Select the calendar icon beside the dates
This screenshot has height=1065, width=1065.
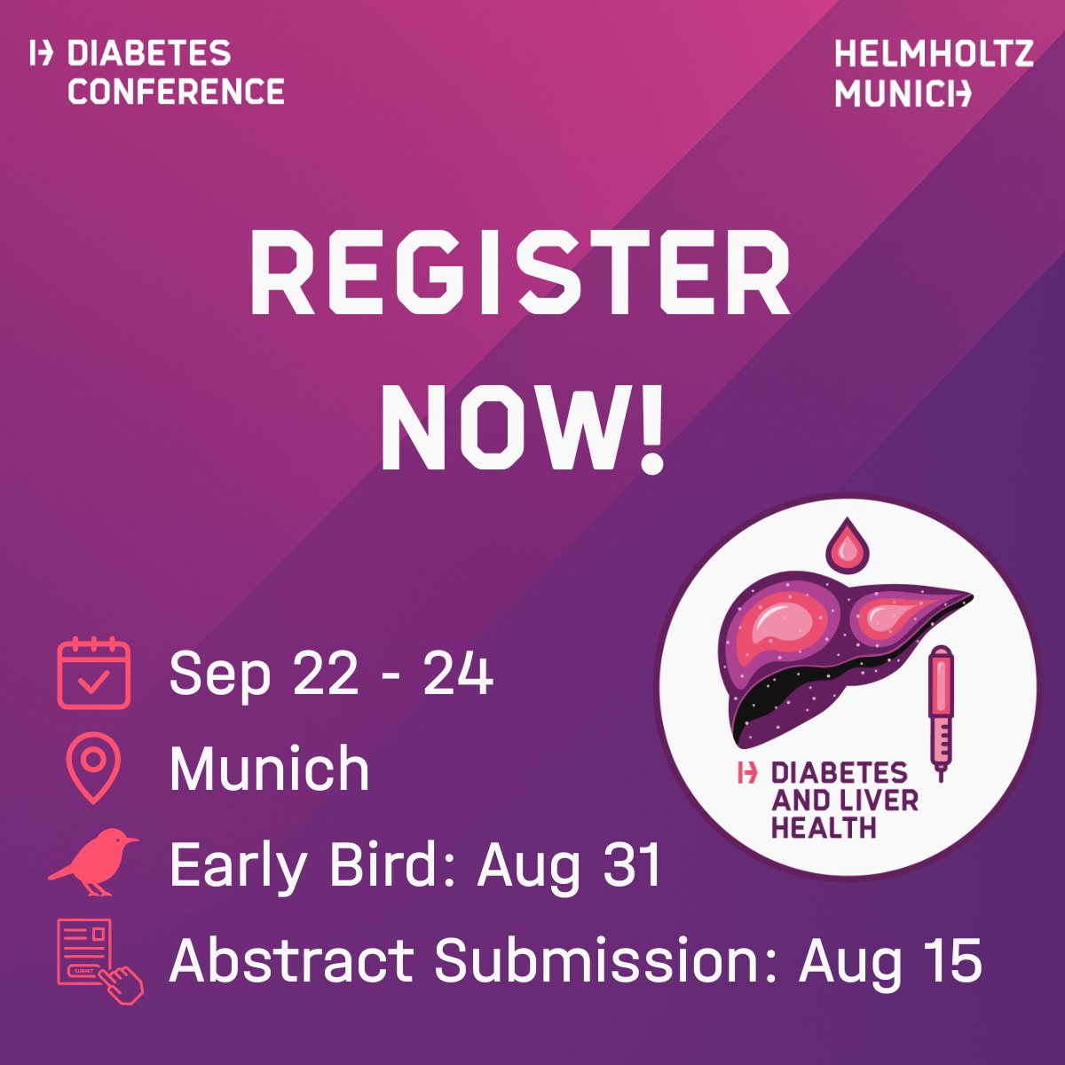click(x=94, y=674)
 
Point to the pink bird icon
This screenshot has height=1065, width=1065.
click(x=93, y=862)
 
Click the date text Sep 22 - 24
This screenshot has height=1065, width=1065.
click(x=331, y=674)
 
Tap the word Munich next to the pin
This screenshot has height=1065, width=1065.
click(x=269, y=769)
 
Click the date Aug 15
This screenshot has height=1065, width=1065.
click(x=890, y=960)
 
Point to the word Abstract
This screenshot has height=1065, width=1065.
click(x=291, y=960)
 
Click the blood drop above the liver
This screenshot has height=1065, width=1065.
click(x=848, y=544)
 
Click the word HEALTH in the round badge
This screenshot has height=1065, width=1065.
click(x=824, y=828)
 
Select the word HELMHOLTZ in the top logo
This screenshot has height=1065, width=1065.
click(x=934, y=54)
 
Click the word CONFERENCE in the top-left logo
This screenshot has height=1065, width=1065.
click(x=176, y=91)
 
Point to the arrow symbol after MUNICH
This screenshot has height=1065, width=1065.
click(x=960, y=92)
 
